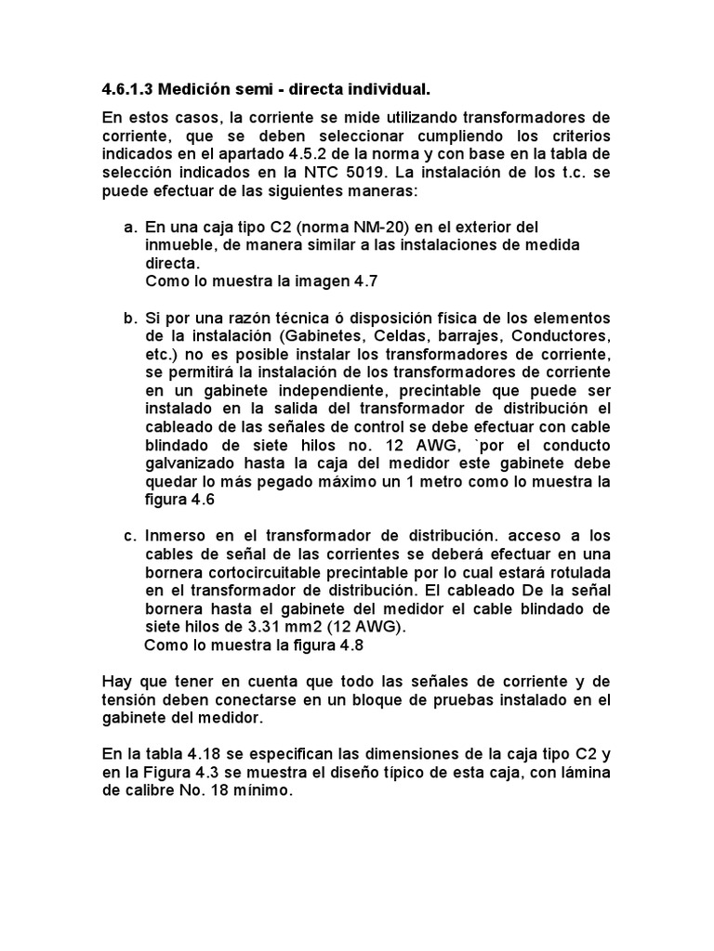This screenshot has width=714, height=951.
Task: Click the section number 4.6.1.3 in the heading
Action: pyautogui.click(x=126, y=90)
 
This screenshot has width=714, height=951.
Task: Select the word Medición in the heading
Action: pyautogui.click(x=195, y=90)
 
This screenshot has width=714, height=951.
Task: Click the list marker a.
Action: pyautogui.click(x=129, y=227)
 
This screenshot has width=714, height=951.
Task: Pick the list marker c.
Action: pyautogui.click(x=129, y=536)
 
